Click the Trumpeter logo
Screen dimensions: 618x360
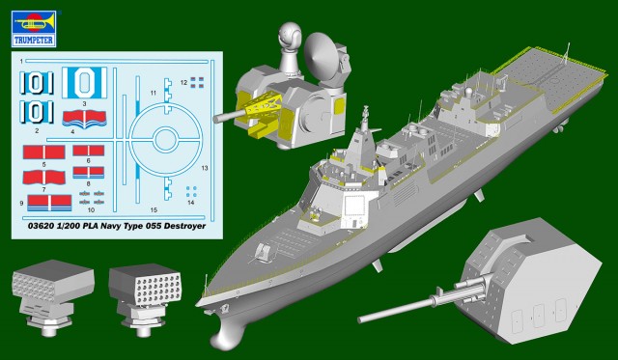(x=34, y=28)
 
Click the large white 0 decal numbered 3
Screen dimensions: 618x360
(x=84, y=83)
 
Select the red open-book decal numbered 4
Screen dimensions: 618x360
(x=84, y=118)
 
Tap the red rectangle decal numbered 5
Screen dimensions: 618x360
(x=44, y=152)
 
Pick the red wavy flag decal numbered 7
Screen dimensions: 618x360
(x=44, y=178)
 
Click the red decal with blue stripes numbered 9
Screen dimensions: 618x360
(x=49, y=203)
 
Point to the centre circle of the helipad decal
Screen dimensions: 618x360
(x=165, y=140)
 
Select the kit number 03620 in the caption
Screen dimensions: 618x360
(x=42, y=226)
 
